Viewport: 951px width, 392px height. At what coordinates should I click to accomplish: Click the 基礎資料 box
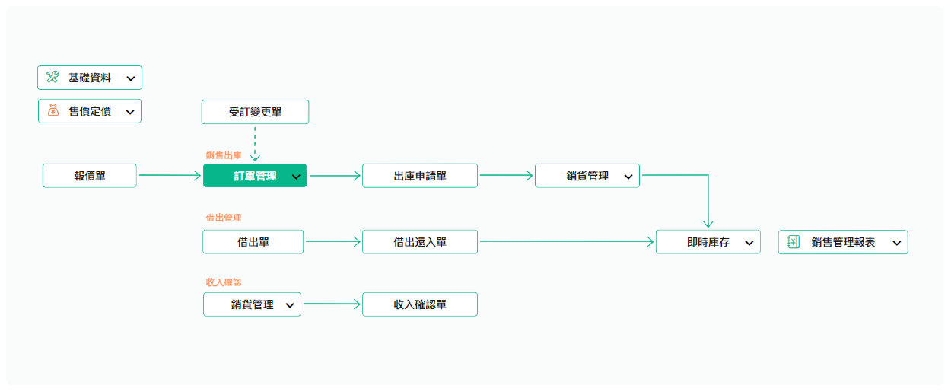pyautogui.click(x=90, y=78)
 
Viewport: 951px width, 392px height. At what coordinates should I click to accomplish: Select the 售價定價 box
pyautogui.click(x=90, y=111)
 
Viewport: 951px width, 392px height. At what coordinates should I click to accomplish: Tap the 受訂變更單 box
pyautogui.click(x=255, y=112)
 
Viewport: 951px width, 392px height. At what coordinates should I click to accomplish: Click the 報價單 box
pyautogui.click(x=90, y=176)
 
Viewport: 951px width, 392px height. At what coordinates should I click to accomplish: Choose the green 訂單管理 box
pyautogui.click(x=255, y=176)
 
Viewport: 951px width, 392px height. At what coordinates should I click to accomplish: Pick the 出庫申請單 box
pyautogui.click(x=420, y=176)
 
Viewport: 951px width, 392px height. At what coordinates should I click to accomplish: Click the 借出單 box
pyautogui.click(x=253, y=242)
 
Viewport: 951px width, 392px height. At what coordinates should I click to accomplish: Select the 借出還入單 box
pyautogui.click(x=420, y=242)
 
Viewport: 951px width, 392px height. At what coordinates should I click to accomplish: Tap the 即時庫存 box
pyautogui.click(x=708, y=242)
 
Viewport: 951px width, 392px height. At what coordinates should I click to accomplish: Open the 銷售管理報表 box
pyautogui.click(x=843, y=242)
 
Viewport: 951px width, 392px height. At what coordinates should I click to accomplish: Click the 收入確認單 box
pyautogui.click(x=420, y=304)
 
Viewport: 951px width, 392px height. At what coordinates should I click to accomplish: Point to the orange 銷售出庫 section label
pyautogui.click(x=224, y=155)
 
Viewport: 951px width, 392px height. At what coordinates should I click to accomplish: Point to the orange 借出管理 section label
pyautogui.click(x=224, y=218)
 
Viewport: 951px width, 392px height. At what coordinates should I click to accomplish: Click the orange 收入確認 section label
pyautogui.click(x=224, y=282)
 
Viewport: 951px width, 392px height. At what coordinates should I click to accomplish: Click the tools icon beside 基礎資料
pyautogui.click(x=52, y=77)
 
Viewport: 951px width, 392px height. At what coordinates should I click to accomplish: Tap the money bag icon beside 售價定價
pyautogui.click(x=53, y=110)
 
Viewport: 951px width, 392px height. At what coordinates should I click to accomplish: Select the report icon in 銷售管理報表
pyautogui.click(x=794, y=241)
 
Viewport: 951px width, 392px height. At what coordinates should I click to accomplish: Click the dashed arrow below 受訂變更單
pyautogui.click(x=255, y=144)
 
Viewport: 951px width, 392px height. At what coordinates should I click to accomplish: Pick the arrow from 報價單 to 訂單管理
pyautogui.click(x=170, y=175)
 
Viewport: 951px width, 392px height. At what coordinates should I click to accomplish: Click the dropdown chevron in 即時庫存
pyautogui.click(x=749, y=243)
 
